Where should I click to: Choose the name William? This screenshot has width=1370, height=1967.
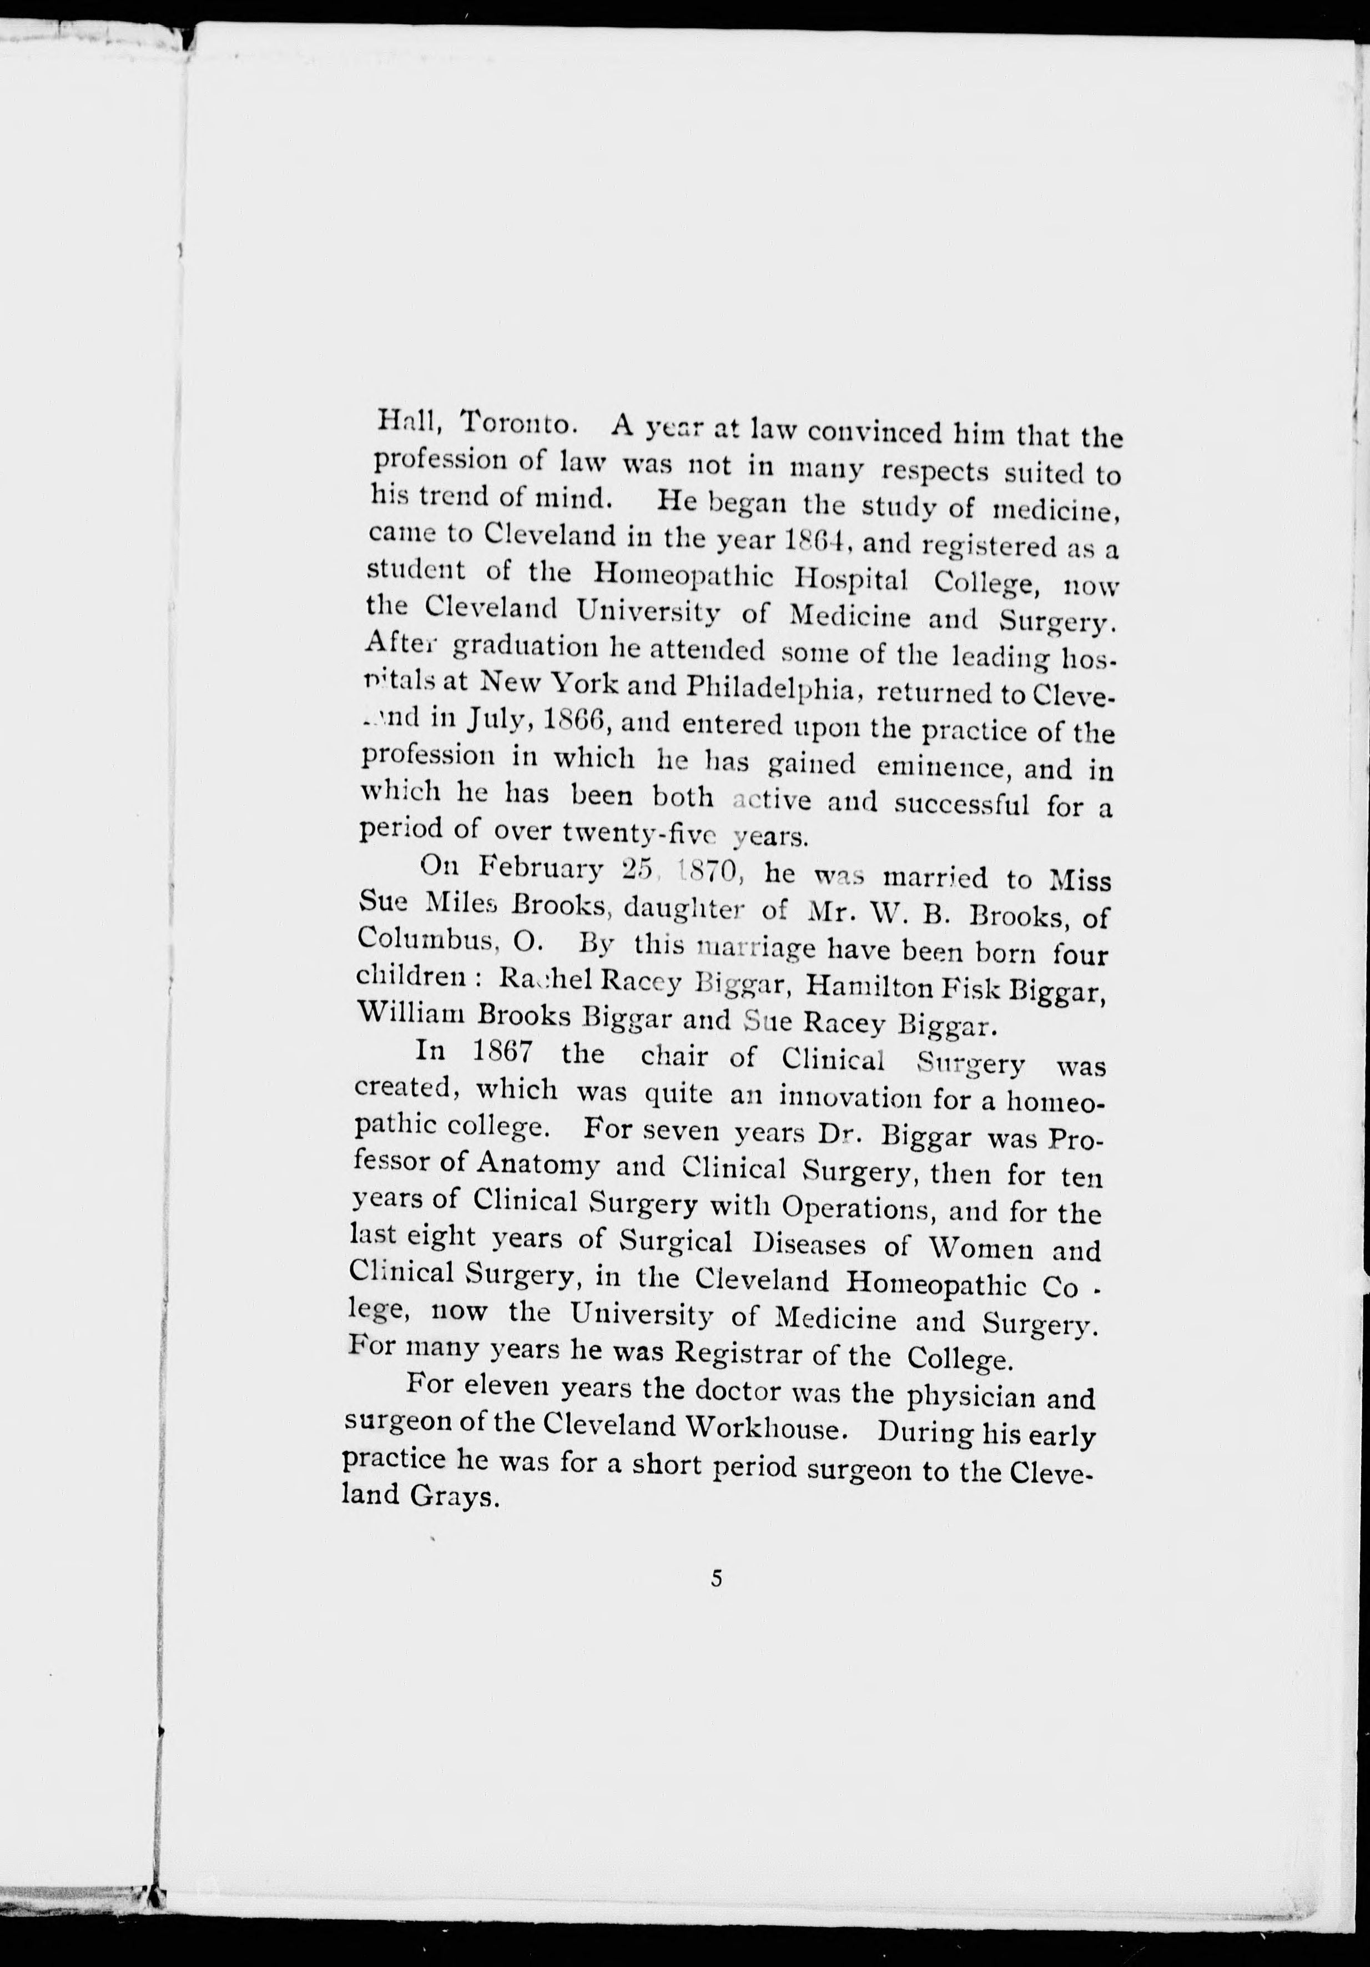pos(406,1012)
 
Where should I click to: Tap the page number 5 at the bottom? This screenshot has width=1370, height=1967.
pos(716,1578)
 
